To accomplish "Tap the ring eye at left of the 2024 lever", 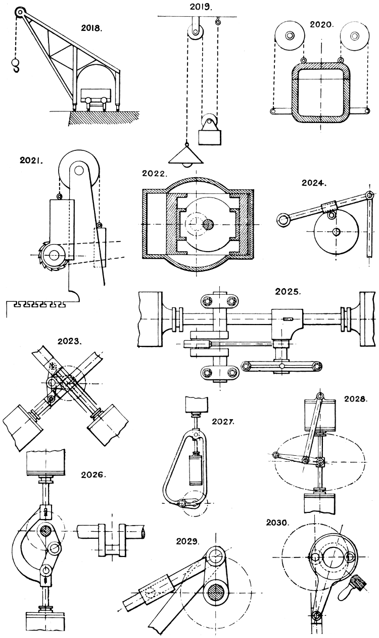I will (x=283, y=219).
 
